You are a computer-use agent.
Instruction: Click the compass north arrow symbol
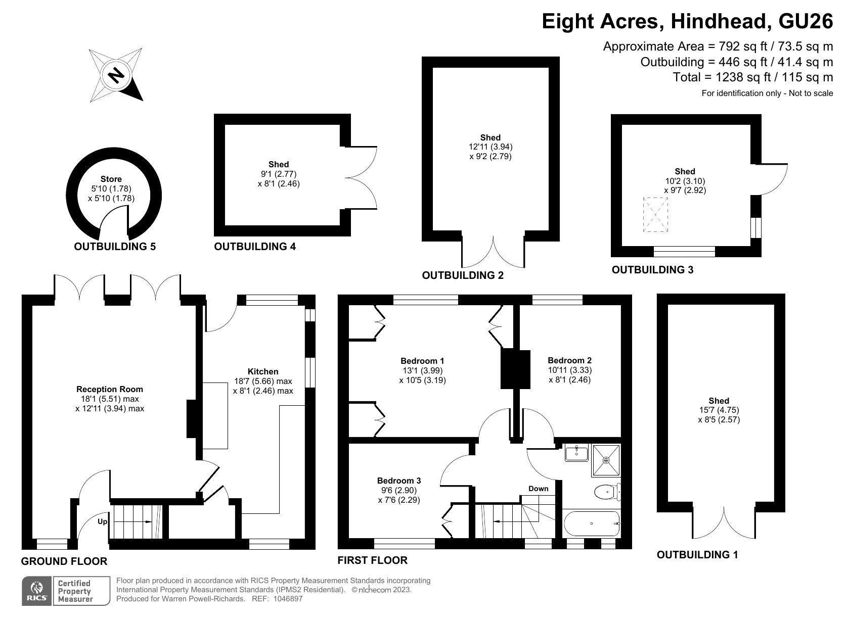pos(116,75)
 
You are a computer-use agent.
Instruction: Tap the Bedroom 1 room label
pos(422,361)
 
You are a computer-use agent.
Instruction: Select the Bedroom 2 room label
pos(569,360)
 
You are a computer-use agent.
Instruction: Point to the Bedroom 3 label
pos(399,481)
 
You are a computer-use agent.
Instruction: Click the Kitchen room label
pos(263,371)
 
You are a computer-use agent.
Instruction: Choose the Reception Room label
pos(110,389)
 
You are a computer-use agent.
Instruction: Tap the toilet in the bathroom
pos(608,492)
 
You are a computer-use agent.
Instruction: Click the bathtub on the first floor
pos(592,523)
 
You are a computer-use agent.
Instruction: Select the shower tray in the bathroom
pos(606,460)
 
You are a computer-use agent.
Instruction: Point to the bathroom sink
pos(576,452)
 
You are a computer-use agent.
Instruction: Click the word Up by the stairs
pos(103,521)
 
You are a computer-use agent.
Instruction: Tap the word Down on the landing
pos(539,489)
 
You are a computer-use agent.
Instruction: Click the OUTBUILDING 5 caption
pos(115,247)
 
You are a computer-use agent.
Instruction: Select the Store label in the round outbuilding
pos(111,179)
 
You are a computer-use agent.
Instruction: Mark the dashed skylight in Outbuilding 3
pos(656,215)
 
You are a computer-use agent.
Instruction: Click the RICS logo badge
pos(37,591)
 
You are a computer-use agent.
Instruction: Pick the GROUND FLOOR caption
pos(64,561)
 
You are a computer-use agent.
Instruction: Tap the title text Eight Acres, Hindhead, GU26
pos(687,22)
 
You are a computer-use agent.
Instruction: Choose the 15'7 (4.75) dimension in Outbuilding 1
pos(719,410)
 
